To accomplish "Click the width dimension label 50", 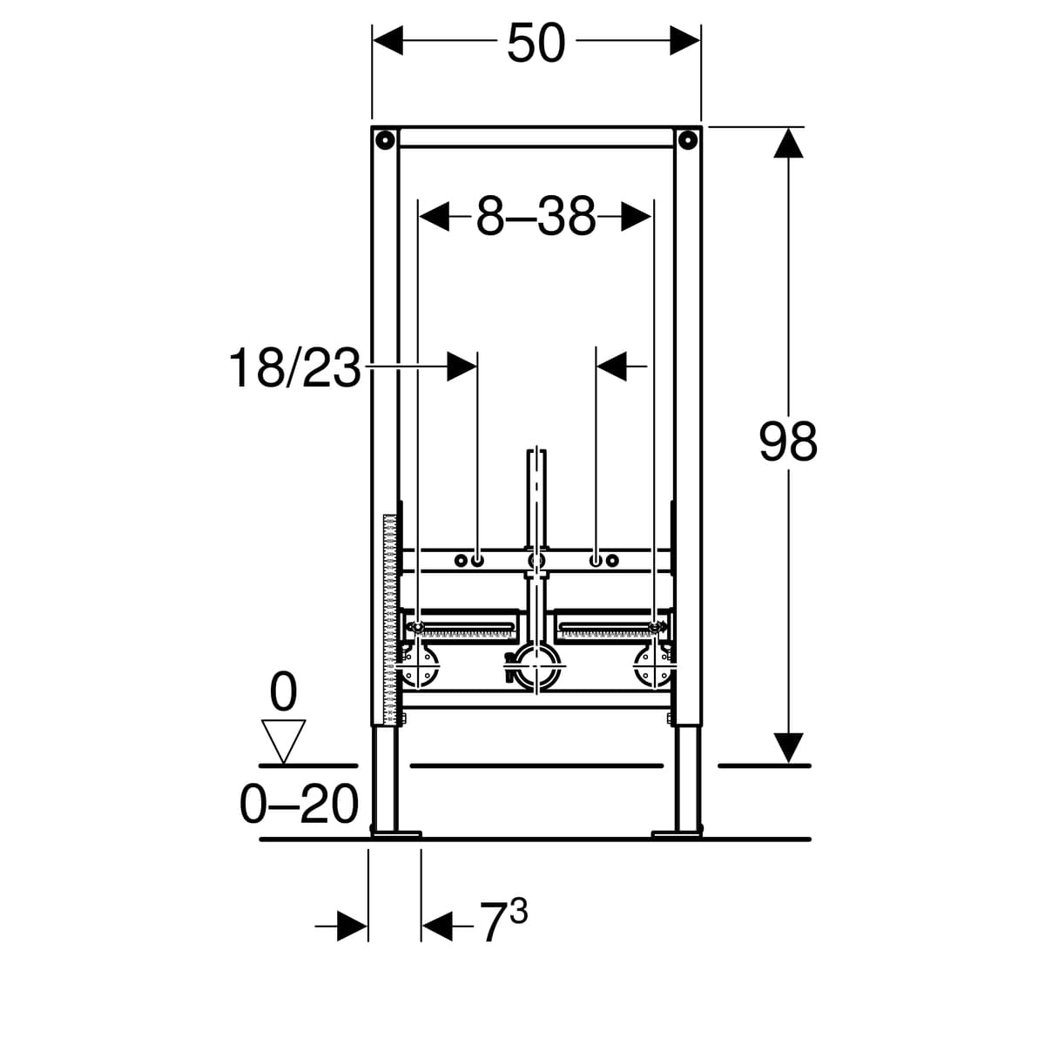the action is coord(536,44).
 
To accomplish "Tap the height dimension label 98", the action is coord(787,442).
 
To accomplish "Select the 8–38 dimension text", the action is coord(536,217).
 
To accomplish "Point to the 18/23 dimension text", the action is coord(295,368).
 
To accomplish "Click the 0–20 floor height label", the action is coord(299,806).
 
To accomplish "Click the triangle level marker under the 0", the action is coord(283,742).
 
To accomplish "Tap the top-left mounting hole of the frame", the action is coord(385,139).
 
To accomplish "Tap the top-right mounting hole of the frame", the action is coord(688,139).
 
